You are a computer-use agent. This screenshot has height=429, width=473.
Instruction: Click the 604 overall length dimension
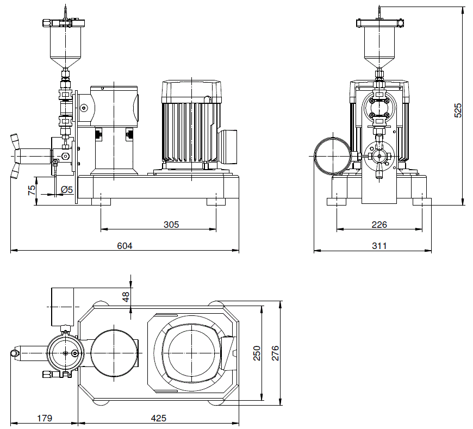125,246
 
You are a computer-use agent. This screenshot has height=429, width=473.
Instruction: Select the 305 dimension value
171,225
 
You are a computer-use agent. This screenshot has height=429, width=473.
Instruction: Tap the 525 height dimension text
458,110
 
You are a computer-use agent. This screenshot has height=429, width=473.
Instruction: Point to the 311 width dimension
379,246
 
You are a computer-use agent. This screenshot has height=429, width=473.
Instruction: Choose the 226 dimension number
379,225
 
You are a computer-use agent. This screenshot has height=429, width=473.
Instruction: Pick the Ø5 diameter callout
67,190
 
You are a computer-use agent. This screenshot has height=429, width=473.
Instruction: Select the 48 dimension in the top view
126,297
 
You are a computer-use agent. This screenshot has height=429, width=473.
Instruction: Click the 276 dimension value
275,353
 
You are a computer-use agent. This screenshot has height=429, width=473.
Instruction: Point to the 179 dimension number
45,418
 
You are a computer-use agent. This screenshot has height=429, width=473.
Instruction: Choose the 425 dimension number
158,418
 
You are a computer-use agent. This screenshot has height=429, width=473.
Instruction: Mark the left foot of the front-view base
101,201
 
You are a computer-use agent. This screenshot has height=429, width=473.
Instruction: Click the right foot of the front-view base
216,201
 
